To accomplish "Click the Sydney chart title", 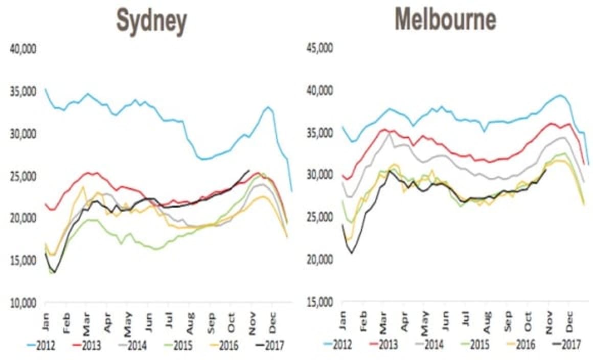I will click(x=151, y=21).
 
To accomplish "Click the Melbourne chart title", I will click(x=445, y=20).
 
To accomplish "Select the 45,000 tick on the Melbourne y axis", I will click(x=319, y=49).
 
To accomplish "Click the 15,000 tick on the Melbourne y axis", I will click(x=319, y=302).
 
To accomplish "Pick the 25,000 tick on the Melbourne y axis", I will click(x=319, y=218).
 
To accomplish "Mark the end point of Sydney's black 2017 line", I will click(x=249, y=170).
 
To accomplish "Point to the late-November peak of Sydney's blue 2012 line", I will click(x=268, y=107).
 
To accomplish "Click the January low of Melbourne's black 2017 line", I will click(x=352, y=253).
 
